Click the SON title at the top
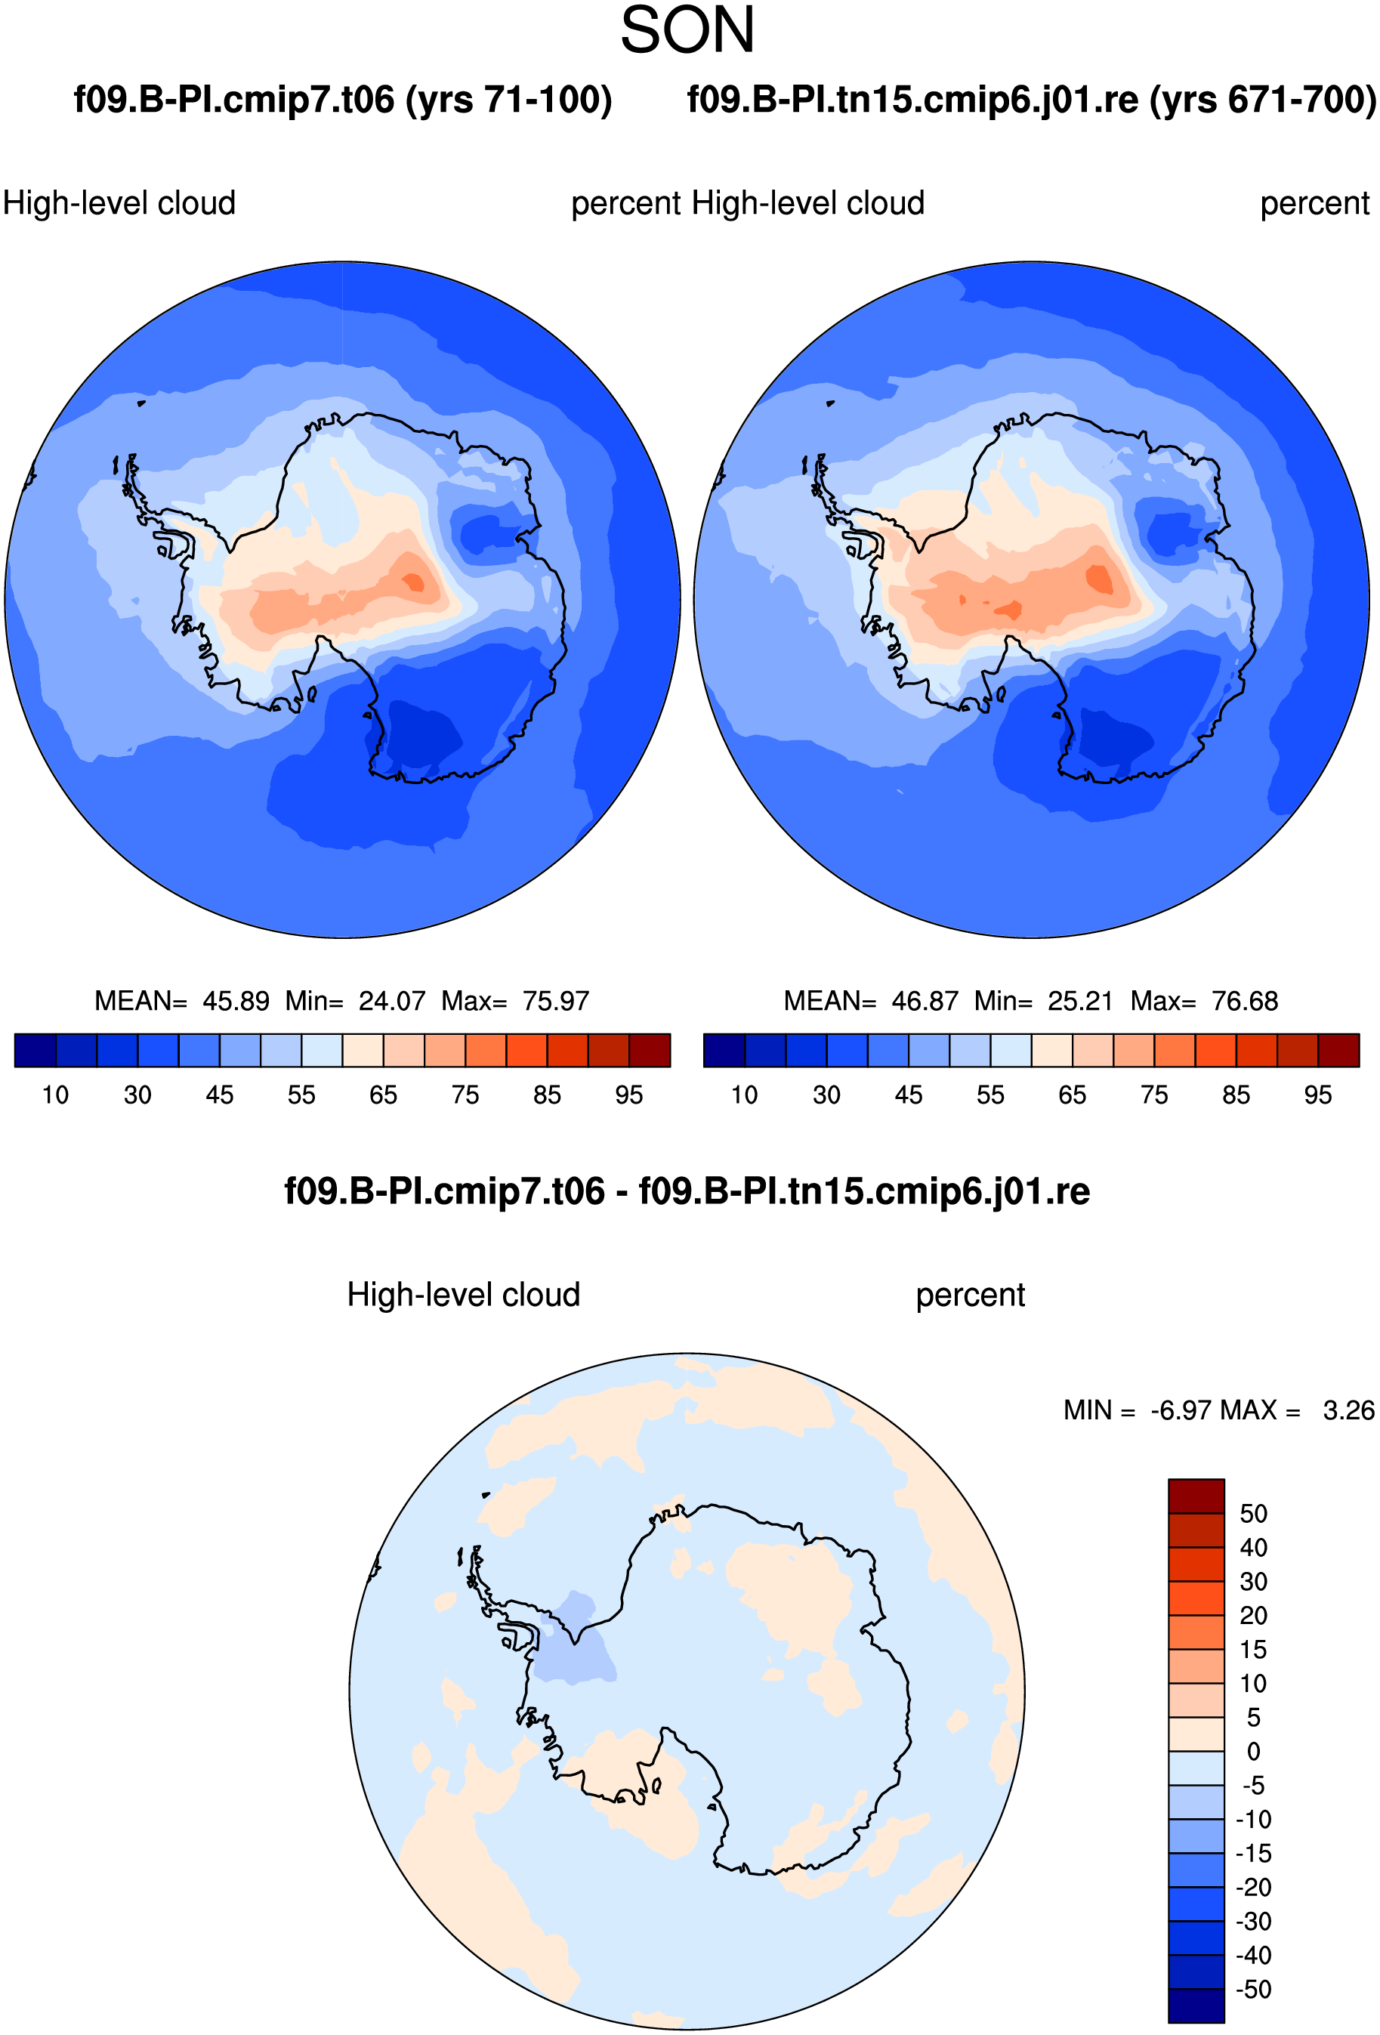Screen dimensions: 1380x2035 coord(687,31)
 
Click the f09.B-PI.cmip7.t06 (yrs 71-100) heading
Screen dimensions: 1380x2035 coord(342,100)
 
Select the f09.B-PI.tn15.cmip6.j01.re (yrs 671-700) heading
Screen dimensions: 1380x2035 coord(1032,100)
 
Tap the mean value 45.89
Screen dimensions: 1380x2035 coord(236,1001)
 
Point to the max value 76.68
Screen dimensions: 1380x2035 coord(1245,1001)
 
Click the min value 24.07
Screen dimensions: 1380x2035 coord(392,1001)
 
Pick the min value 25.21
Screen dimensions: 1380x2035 coord(1081,1001)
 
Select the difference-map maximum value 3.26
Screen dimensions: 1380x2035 coord(1348,1410)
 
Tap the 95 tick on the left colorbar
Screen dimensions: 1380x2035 coord(628,1095)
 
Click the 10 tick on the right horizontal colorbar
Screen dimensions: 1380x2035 coord(744,1095)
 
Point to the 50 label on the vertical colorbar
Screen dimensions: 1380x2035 coord(1253,1514)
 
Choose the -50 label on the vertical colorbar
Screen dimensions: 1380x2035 coord(1253,1990)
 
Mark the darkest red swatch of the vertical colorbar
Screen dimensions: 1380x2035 coord(1196,1496)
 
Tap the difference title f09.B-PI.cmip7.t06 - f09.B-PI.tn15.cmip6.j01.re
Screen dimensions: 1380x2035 coord(687,1192)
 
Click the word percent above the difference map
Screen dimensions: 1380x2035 coord(970,1295)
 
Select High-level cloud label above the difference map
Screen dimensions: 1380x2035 coord(464,1295)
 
